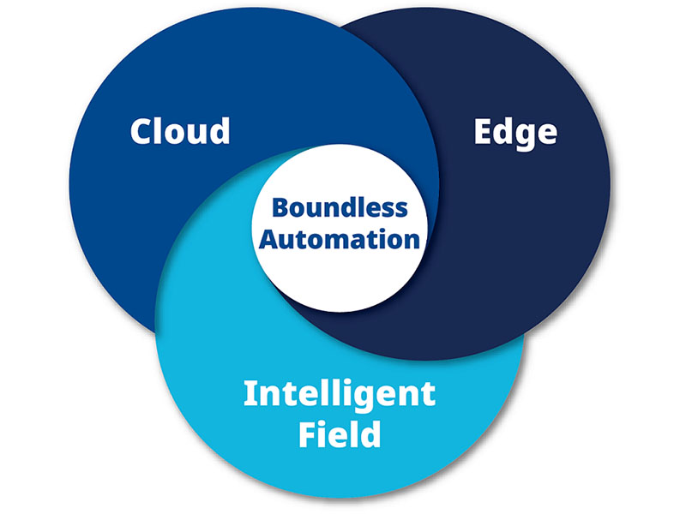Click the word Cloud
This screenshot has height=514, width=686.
(180, 131)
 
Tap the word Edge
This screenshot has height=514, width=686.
(515, 133)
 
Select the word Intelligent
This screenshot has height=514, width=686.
(339, 395)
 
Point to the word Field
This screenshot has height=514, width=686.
(340, 434)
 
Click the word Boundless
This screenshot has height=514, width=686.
(340, 208)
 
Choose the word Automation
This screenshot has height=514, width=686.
(340, 238)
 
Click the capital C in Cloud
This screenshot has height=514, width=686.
(142, 132)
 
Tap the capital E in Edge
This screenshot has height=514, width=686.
(484, 132)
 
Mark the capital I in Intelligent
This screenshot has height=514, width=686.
(250, 394)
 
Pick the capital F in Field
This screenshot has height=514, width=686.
(308, 434)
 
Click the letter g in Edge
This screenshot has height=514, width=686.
(526, 136)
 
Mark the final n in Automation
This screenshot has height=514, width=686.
(411, 240)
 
